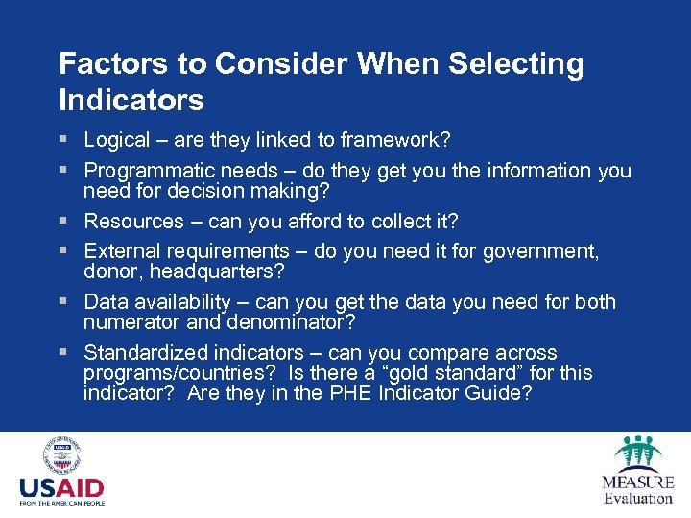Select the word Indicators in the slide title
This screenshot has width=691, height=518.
click(x=131, y=99)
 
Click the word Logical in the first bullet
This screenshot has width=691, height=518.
click(x=117, y=140)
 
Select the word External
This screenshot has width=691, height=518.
click(x=121, y=251)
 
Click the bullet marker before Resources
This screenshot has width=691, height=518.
click(x=64, y=222)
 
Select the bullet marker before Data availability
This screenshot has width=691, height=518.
click(x=64, y=302)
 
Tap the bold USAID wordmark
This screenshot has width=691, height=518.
click(x=61, y=487)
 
